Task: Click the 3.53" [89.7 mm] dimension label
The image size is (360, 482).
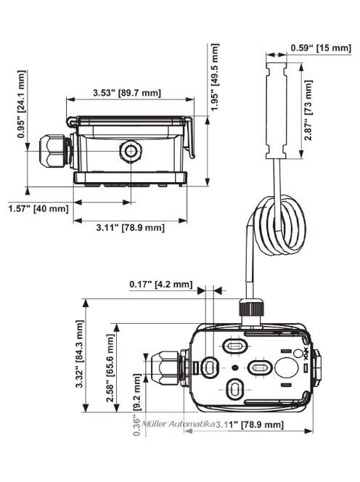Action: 127,93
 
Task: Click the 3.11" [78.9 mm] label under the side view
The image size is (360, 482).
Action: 131,228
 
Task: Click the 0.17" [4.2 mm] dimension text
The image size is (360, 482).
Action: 160,284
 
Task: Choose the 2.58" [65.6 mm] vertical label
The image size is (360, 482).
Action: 111,364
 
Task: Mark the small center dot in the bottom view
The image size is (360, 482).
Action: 234,368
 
